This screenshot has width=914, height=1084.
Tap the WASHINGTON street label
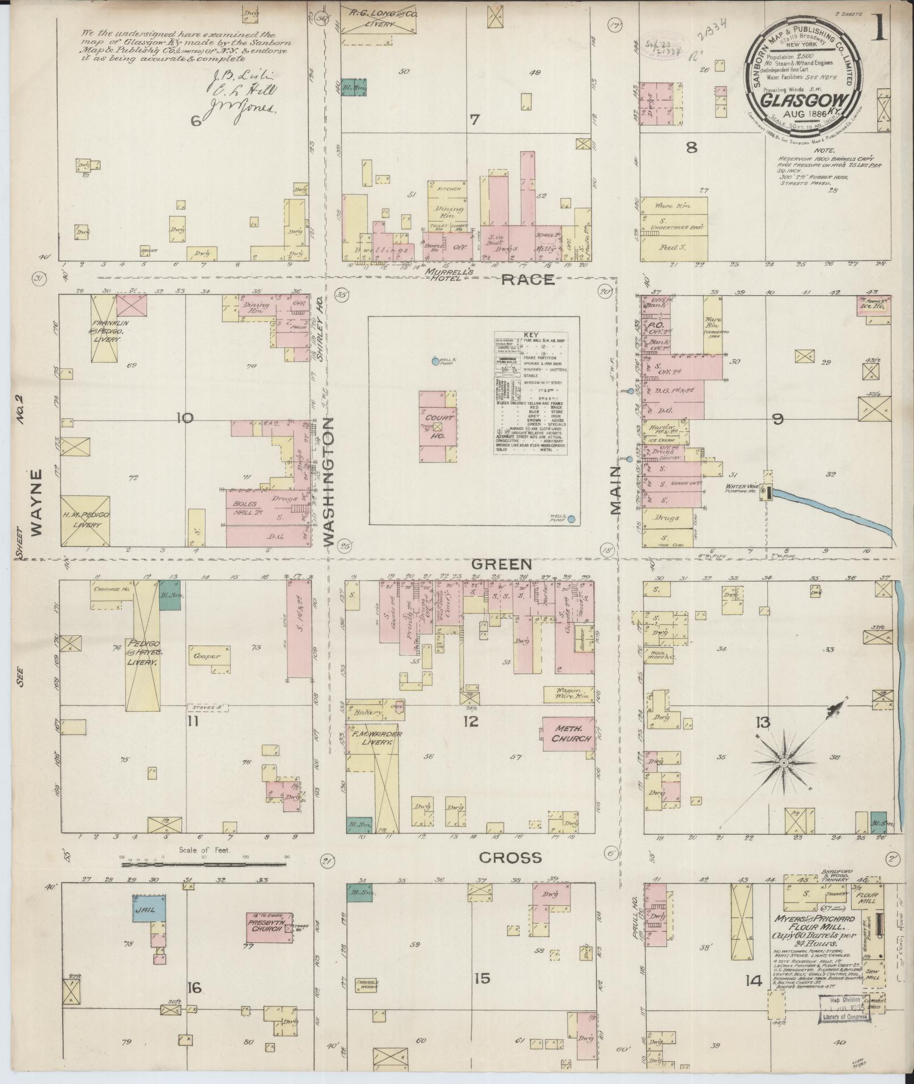(330, 482)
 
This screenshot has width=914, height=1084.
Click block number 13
(763, 722)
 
